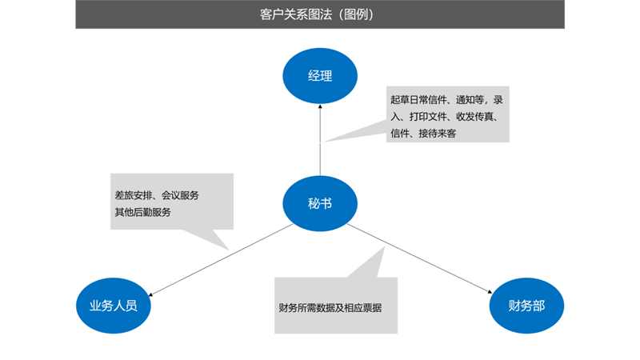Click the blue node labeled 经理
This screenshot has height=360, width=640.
point(320,76)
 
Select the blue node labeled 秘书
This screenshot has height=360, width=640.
point(320,203)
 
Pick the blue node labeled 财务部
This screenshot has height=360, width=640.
point(526,305)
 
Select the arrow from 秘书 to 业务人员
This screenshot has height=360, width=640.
point(216,256)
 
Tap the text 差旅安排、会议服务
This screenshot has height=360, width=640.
point(157,195)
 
